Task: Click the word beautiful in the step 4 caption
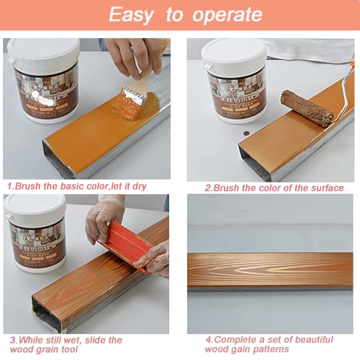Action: [x=305, y=339]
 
